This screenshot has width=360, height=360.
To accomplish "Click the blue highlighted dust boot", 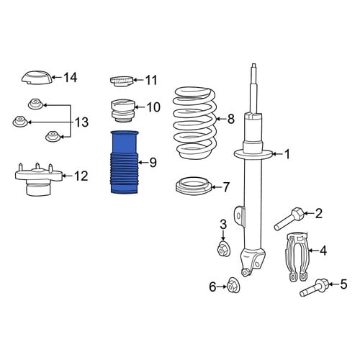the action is pos(125,162).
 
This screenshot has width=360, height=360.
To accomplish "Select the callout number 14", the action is pos(70,78).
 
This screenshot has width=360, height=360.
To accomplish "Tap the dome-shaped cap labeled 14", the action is pos(37,78).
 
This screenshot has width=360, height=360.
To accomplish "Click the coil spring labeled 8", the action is pos(195,123).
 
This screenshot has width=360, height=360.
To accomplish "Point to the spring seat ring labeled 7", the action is pos(194,186).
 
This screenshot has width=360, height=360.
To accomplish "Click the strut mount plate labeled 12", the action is pos(38,179).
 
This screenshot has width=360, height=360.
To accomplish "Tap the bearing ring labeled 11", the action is pos(121,81).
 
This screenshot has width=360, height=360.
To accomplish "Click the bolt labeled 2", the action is pos(289,219).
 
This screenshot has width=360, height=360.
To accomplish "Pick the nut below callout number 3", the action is pos(223,249).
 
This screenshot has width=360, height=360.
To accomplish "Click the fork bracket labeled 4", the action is pos(297,256).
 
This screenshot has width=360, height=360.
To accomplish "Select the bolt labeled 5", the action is pos(315,287).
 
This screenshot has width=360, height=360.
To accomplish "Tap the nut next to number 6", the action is pos(233,285).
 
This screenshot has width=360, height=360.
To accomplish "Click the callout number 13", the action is pos(82,122).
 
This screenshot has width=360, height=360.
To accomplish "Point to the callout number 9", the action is pos(153,163).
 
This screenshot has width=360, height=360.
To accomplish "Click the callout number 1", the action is pos(287,154).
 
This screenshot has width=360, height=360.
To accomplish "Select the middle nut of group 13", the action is pos(19,121).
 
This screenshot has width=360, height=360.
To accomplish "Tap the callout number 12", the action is pos(81,176).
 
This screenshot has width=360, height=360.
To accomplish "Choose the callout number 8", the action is pos(230,119).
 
